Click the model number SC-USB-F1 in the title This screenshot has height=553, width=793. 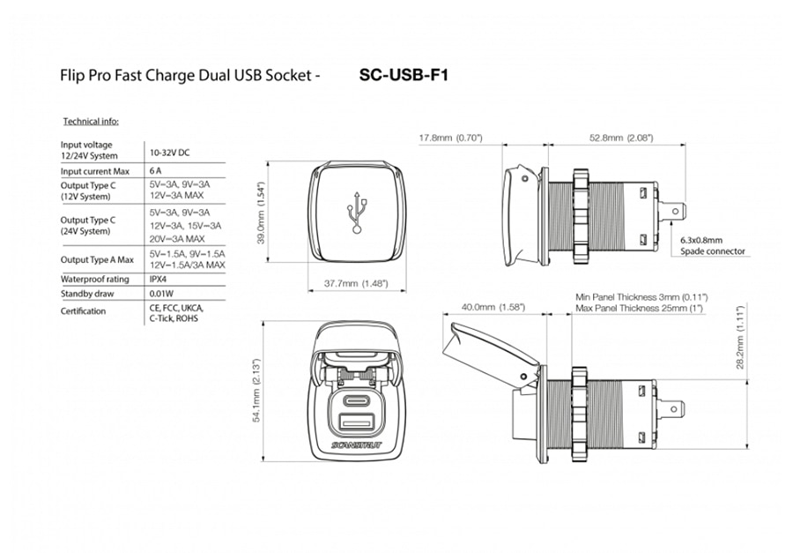404,76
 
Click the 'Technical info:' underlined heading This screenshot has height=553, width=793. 91,122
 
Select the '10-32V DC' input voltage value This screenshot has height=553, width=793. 170,153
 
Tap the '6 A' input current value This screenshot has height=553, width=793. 156,170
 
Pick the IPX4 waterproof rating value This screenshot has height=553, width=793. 159,279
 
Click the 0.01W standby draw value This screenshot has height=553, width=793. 162,294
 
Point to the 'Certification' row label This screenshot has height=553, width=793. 84,311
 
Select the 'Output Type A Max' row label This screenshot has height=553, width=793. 97,260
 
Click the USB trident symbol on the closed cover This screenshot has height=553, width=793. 357,213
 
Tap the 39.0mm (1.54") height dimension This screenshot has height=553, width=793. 261,213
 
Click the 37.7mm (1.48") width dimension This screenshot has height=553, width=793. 356,283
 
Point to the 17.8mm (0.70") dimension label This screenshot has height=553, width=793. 450,138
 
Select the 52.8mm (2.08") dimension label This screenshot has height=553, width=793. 621,138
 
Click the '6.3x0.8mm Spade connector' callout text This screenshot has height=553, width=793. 713,245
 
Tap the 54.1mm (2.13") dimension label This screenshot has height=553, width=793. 257,391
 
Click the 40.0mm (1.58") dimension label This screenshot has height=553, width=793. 493,307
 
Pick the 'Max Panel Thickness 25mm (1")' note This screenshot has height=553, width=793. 640,308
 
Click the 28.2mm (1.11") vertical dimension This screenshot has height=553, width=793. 740,337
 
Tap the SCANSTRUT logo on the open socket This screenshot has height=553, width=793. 357,445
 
